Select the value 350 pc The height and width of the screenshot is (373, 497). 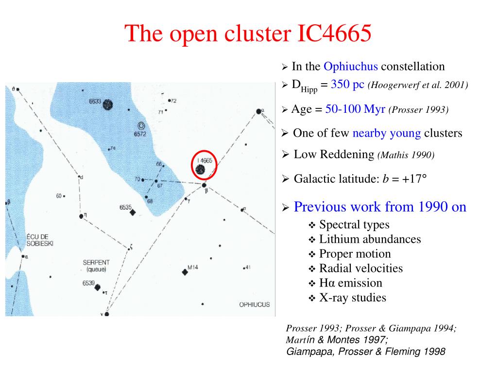pyautogui.click(x=347, y=84)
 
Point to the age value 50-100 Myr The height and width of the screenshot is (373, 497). pyautogui.click(x=355, y=109)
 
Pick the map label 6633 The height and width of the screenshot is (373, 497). pyautogui.click(x=95, y=102)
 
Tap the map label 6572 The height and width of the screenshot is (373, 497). pyautogui.click(x=140, y=134)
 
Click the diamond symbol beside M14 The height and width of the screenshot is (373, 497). pyautogui.click(x=185, y=272)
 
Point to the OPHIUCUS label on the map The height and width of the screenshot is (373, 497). pyautogui.click(x=254, y=304)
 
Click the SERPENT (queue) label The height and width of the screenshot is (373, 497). pyautogui.click(x=96, y=266)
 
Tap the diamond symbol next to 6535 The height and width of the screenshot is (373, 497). pyautogui.click(x=133, y=212)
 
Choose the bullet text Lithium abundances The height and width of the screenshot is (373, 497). pyautogui.click(x=370, y=239)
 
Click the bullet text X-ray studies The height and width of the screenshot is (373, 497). pyautogui.click(x=352, y=298)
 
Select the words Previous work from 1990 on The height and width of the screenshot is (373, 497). pyautogui.click(x=380, y=207)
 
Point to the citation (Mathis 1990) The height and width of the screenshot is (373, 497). pyautogui.click(x=406, y=155)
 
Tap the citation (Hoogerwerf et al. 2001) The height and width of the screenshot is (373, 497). pyautogui.click(x=418, y=85)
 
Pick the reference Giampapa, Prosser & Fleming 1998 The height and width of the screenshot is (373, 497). pyautogui.click(x=365, y=351)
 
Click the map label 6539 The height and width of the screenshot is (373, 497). pyautogui.click(x=88, y=283)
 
